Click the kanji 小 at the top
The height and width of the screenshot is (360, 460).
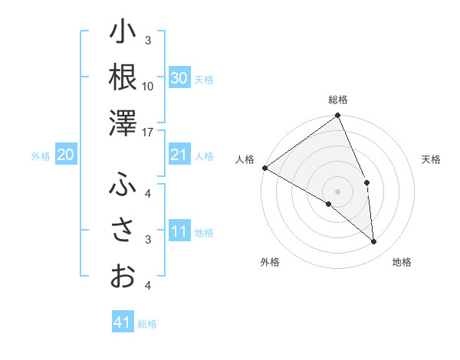click(123, 33)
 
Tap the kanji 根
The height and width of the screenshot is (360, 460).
click(123, 77)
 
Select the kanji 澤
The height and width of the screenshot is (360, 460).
click(123, 123)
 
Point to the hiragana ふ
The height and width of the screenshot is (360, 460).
click(123, 184)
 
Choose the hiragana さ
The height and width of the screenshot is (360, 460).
click(123, 230)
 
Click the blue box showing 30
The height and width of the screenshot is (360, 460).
click(179, 78)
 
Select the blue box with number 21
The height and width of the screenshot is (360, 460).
click(179, 155)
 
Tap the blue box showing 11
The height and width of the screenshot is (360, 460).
click(179, 232)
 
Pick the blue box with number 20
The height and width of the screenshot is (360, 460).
click(65, 155)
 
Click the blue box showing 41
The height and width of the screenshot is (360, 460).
click(123, 322)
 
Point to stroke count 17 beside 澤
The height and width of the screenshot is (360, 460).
click(149, 133)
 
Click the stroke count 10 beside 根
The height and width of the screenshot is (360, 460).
click(149, 86)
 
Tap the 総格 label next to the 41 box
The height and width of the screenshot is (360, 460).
click(147, 324)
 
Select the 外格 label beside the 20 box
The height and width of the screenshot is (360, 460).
click(41, 156)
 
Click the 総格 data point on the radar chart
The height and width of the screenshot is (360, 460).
click(337, 116)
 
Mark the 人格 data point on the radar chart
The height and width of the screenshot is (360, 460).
click(264, 168)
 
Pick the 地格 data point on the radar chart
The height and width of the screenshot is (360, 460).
click(374, 242)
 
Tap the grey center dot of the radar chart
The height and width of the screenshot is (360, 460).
click(337, 191)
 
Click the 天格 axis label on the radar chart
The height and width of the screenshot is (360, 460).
click(432, 159)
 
